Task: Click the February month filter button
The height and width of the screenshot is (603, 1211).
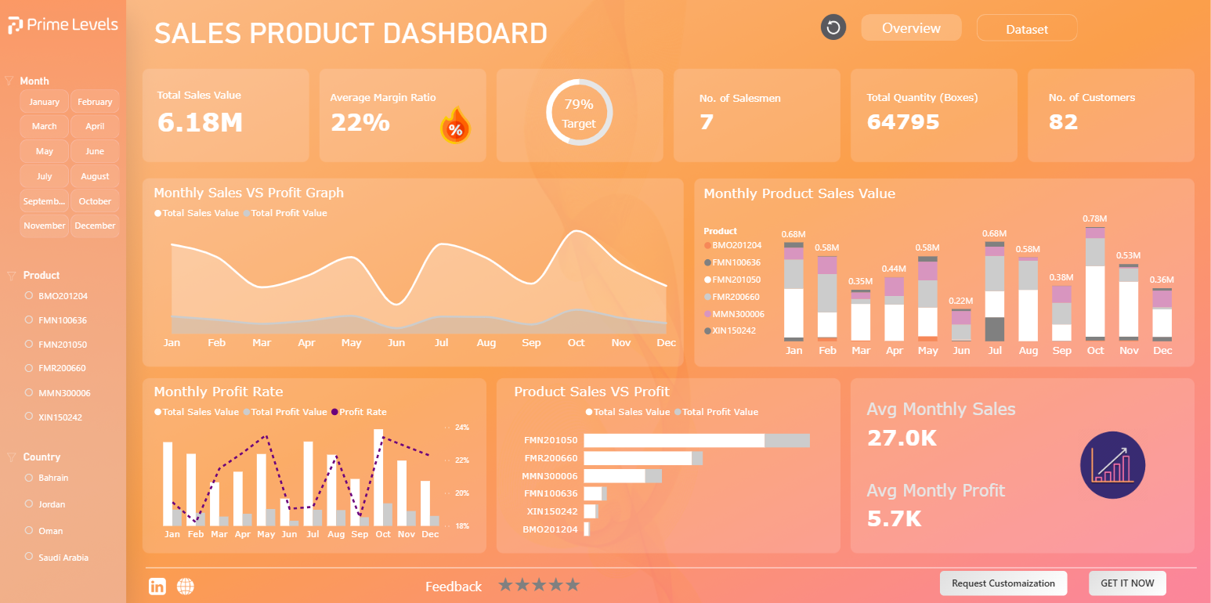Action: coord(95,102)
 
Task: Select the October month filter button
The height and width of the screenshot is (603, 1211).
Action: coord(95,201)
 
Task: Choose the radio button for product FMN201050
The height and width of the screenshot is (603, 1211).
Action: coord(29,344)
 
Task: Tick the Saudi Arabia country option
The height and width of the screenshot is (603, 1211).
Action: coord(29,557)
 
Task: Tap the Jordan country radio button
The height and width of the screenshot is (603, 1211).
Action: coord(29,504)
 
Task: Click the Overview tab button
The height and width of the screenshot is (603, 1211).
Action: coord(911,28)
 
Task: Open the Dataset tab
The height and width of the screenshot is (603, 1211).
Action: coord(1027,29)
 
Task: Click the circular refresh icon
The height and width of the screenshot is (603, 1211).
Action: coord(833,27)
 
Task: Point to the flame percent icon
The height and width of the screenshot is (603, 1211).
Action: coord(455,125)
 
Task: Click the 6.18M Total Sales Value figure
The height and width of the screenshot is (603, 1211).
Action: coord(200,123)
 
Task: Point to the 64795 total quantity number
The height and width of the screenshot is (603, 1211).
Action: coord(903,122)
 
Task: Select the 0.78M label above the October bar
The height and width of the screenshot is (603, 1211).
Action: coord(1094,218)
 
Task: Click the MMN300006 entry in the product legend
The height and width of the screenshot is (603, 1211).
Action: coord(734,314)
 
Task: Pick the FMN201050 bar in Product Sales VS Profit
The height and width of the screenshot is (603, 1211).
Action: coord(696,440)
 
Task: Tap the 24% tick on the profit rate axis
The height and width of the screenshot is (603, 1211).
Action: coord(461,428)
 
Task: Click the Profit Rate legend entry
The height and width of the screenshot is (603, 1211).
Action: coord(359,412)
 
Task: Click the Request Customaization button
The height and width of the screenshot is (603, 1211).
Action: coord(1003,583)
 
